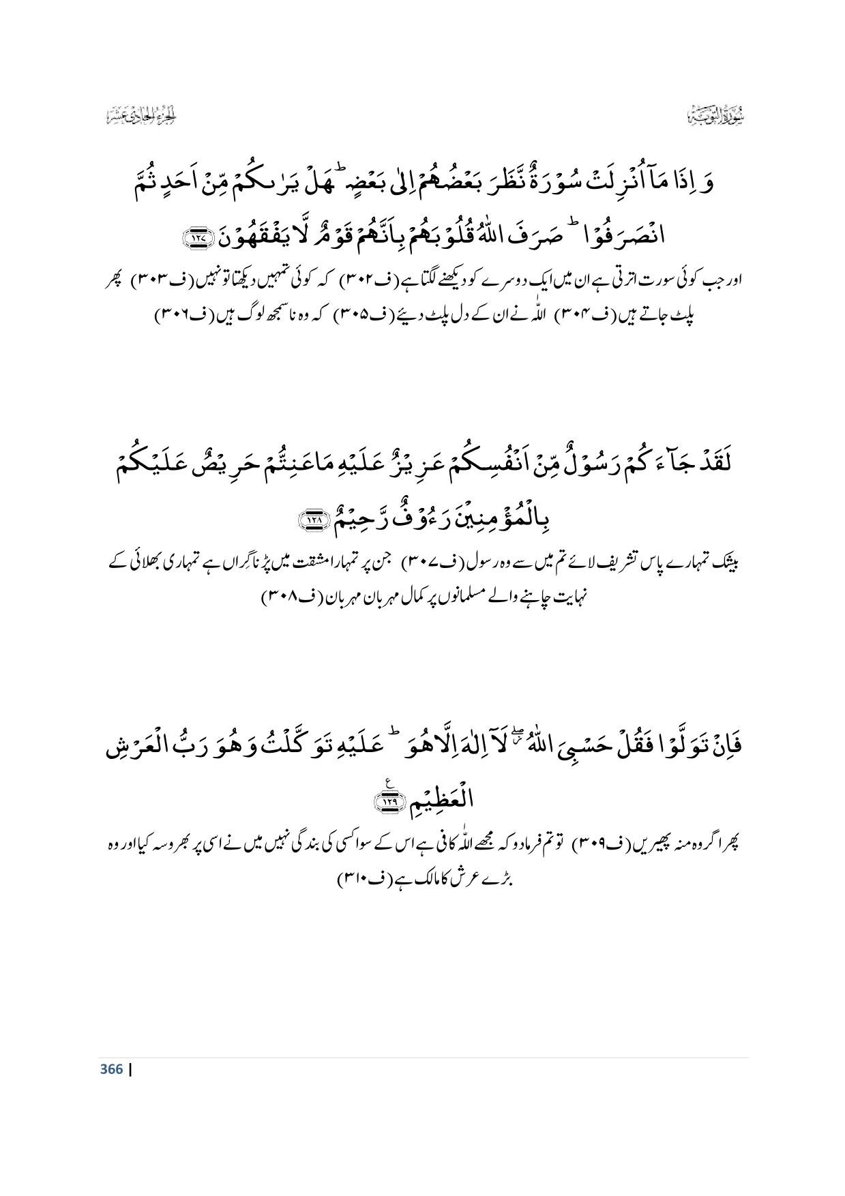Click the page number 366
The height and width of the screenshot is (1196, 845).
click(111, 1069)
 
